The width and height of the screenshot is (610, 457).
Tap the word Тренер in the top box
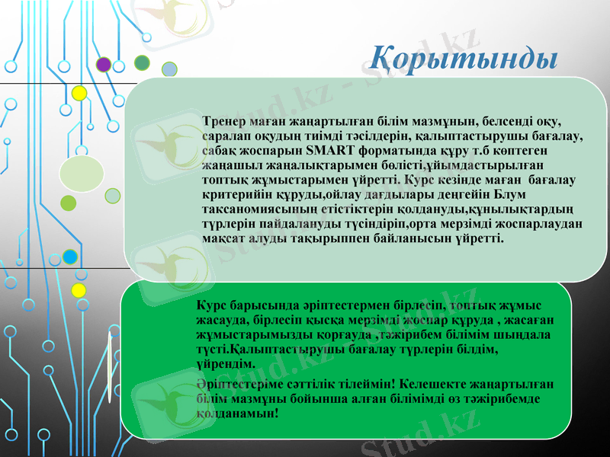pos(226,121)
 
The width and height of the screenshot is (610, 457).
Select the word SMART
pos(326,150)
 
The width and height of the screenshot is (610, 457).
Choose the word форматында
pos(389,150)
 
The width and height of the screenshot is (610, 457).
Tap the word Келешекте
pos(433,384)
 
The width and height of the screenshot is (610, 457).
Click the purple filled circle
pos(104,65)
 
